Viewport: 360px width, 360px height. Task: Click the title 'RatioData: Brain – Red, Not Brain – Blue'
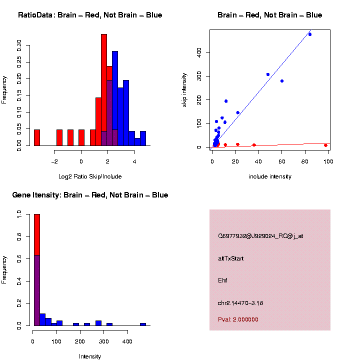pyautogui.click(x=90, y=15)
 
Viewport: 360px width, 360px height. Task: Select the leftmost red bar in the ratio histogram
pyautogui.click(x=37, y=137)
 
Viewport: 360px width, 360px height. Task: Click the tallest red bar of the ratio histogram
pyautogui.click(x=104, y=90)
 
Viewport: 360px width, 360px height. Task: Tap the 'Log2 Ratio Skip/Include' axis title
pyautogui.click(x=90, y=176)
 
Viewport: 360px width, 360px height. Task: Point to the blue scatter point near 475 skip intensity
pyautogui.click(x=310, y=34)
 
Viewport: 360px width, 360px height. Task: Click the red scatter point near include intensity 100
pyautogui.click(x=325, y=145)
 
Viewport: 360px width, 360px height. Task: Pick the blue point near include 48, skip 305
pyautogui.click(x=268, y=74)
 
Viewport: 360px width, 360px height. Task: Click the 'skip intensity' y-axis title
pyautogui.click(x=184, y=89)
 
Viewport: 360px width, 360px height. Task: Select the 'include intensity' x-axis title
pyautogui.click(x=270, y=176)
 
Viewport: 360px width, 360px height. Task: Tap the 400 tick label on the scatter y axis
pyautogui.click(x=199, y=52)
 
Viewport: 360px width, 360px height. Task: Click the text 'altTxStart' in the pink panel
pyautogui.click(x=231, y=258)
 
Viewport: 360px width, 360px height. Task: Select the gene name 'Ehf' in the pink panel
pyautogui.click(x=222, y=280)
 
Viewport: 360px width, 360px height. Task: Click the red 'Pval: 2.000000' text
pyautogui.click(x=238, y=319)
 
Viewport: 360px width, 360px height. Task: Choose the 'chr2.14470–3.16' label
pyautogui.click(x=240, y=303)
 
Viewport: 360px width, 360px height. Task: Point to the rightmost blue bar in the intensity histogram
pyautogui.click(x=143, y=324)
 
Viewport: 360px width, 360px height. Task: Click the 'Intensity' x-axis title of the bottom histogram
pyautogui.click(x=90, y=356)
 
